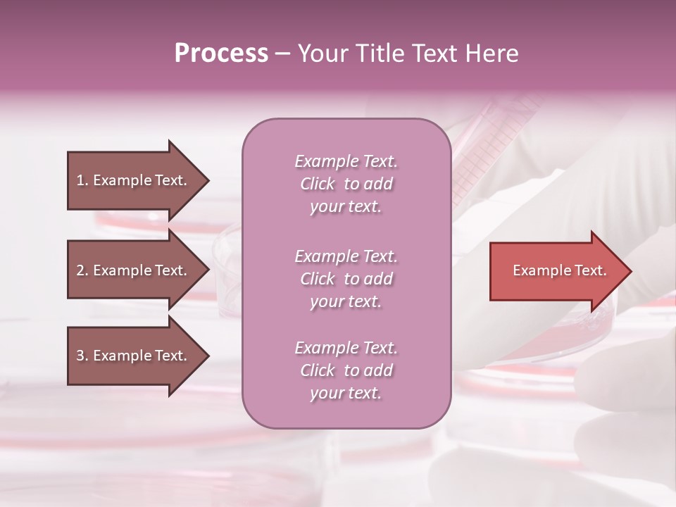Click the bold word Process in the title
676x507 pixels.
221,54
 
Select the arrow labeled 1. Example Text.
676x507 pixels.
134,180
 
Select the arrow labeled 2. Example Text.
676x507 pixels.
134,270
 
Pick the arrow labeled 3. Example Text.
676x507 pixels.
134,356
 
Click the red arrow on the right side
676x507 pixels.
556,270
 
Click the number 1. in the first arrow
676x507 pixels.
82,180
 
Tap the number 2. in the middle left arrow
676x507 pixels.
82,270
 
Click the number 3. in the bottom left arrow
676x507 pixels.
82,356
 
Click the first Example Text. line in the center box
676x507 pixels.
346,161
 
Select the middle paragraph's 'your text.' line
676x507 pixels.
346,301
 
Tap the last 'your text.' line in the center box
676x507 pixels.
346,393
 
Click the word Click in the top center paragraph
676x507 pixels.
317,184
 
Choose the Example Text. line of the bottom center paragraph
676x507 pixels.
346,348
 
